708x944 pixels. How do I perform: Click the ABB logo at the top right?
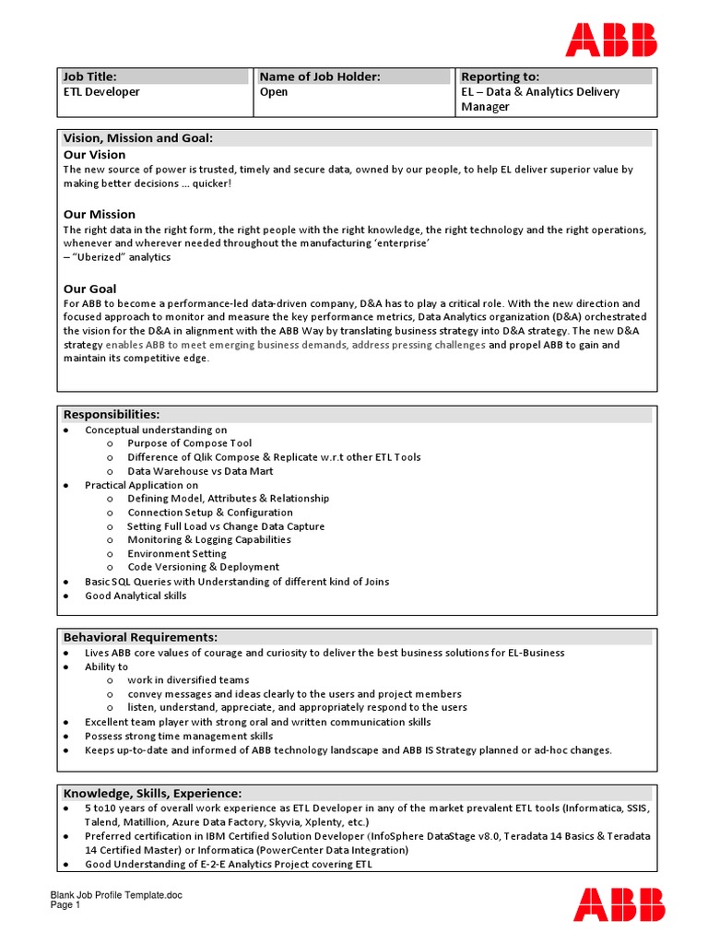(611, 41)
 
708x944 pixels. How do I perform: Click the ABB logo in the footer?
(618, 903)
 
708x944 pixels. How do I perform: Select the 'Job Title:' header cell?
(89, 77)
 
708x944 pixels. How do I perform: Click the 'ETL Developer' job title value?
(101, 92)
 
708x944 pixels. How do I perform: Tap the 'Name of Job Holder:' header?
(319, 77)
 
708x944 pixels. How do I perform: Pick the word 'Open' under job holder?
(274, 92)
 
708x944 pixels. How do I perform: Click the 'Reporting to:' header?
(501, 77)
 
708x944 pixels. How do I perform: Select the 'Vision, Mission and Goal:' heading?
(137, 138)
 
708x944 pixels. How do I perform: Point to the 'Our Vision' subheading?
(94, 155)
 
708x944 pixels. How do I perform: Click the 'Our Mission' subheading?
(99, 214)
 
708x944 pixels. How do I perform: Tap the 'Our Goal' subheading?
(89, 289)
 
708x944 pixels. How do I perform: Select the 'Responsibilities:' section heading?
(111, 415)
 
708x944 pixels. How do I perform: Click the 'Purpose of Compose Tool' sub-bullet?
(189, 443)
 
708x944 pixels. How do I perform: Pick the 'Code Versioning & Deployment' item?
(203, 568)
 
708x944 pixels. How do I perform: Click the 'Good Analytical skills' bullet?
(136, 596)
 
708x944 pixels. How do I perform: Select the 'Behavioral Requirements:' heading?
(140, 637)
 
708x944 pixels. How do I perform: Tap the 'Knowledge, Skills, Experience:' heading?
(152, 794)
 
